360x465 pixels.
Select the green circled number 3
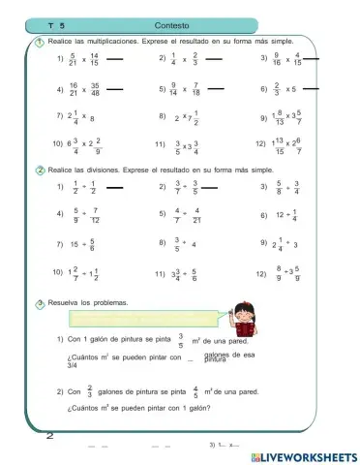click(x=39, y=302)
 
